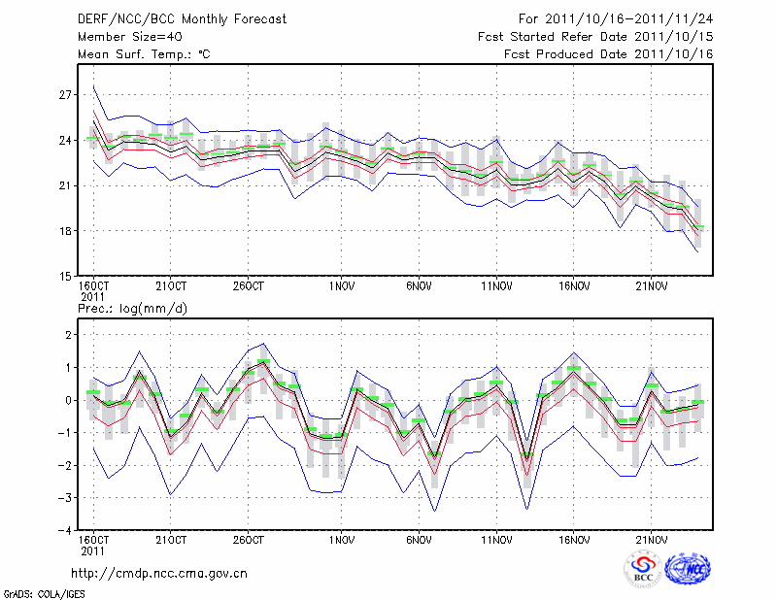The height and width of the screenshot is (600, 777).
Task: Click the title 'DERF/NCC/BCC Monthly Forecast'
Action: (183, 19)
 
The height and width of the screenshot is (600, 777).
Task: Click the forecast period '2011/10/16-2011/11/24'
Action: (637, 19)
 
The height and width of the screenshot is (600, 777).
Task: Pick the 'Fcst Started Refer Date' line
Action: (595, 37)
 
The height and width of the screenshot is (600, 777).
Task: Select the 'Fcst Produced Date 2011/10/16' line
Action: (609, 54)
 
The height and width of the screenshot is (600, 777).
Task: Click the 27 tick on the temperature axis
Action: (66, 95)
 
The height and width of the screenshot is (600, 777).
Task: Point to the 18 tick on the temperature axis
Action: (66, 231)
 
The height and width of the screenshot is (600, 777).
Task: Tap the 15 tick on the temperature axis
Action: (66, 276)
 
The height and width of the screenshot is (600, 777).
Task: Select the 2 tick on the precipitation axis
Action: (68, 334)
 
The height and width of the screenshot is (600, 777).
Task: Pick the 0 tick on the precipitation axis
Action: (68, 400)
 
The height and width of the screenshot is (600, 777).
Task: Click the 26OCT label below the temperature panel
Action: (249, 287)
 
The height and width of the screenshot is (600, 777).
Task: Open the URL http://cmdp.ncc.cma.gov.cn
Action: (159, 574)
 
